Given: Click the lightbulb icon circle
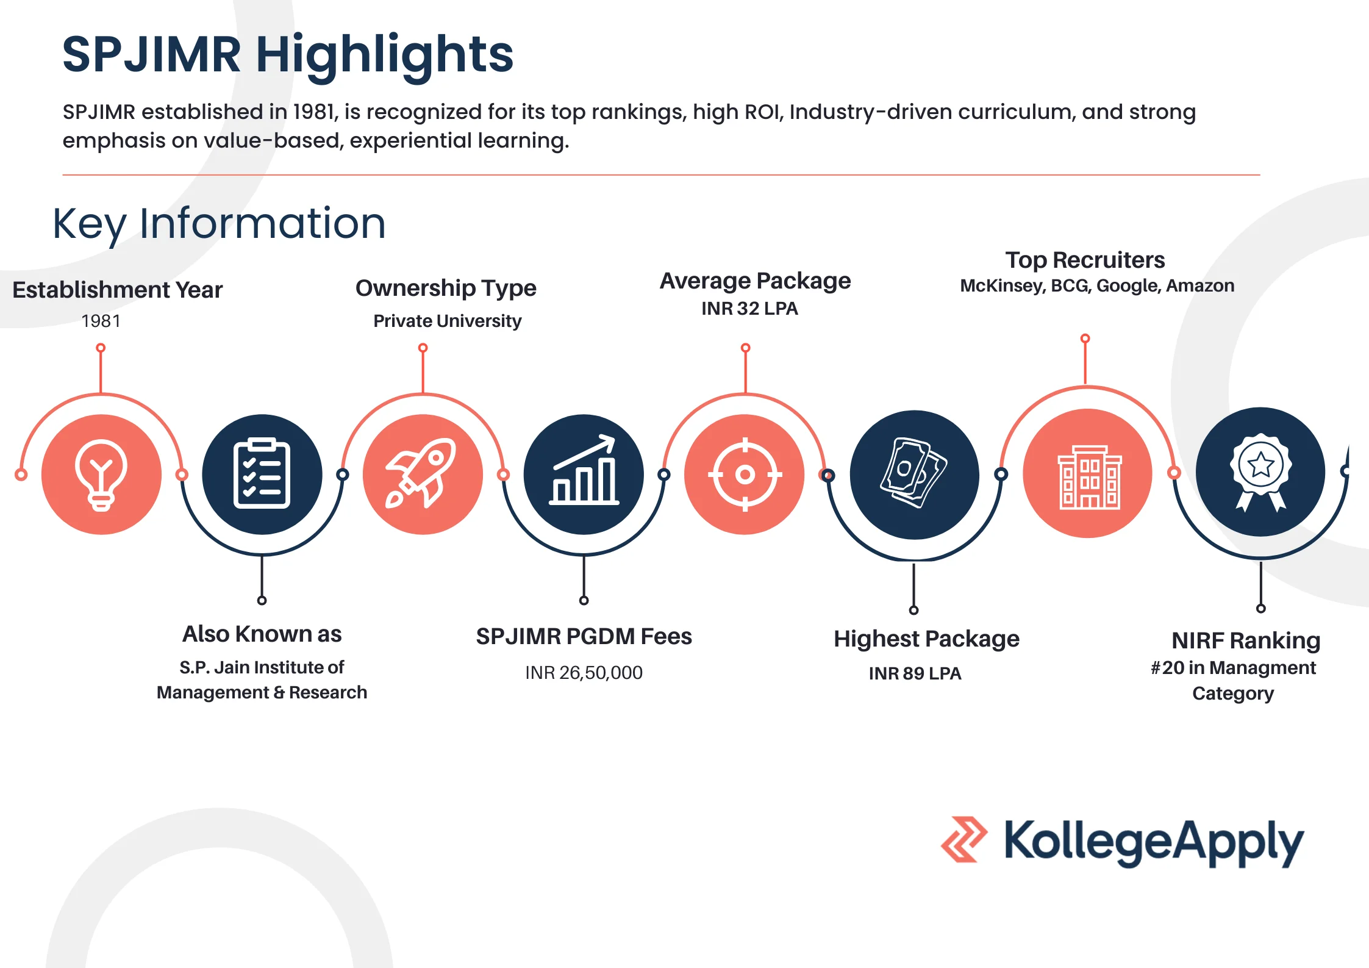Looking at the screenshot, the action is tap(101, 475).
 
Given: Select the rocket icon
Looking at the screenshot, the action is tap(421, 473).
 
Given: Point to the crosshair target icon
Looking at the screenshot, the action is tap(745, 474).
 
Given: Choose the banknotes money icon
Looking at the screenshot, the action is tap(913, 473).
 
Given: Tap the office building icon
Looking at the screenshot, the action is tap(1089, 477).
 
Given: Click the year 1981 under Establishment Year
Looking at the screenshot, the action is tap(101, 321).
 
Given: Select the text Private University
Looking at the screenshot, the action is tap(448, 321).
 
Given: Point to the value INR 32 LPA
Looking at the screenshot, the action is tap(749, 309).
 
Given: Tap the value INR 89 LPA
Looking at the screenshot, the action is tap(915, 673).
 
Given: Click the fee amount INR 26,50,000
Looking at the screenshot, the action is tap(584, 673).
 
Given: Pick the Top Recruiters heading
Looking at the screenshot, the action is tap(1085, 260).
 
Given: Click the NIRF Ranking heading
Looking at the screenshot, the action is tap(1246, 640).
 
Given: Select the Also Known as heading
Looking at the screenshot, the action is tap(262, 634).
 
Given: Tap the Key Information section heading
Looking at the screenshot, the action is tap(220, 224).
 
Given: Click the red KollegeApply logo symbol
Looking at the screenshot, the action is tap(963, 839).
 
